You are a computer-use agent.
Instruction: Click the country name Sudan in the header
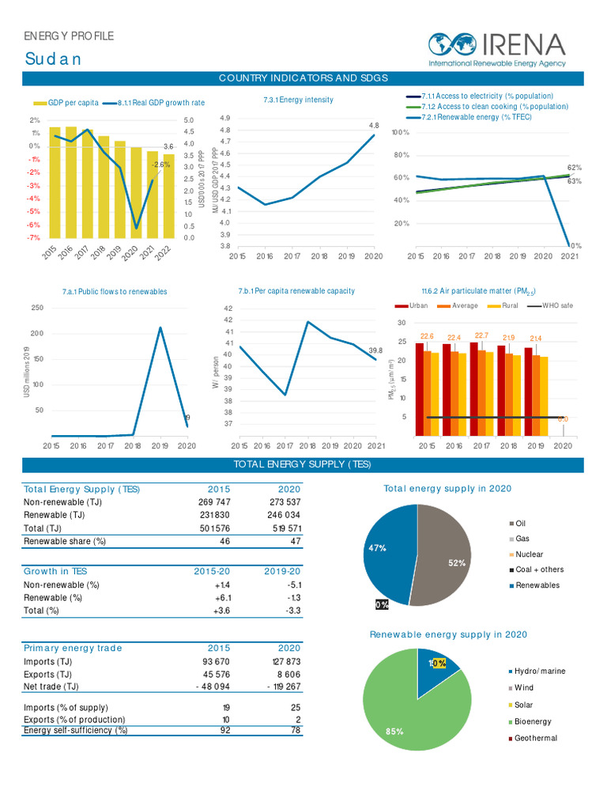point(52,59)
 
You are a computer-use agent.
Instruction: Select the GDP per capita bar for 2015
point(55,182)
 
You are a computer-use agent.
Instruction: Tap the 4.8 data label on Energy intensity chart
point(374,126)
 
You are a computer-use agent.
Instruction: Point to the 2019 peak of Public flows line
point(160,327)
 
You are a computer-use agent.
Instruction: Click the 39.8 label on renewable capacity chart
point(375,350)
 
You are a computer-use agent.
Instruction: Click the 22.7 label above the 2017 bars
point(481,335)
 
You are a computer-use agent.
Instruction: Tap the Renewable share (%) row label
point(65,541)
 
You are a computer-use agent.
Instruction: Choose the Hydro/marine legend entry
point(538,671)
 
